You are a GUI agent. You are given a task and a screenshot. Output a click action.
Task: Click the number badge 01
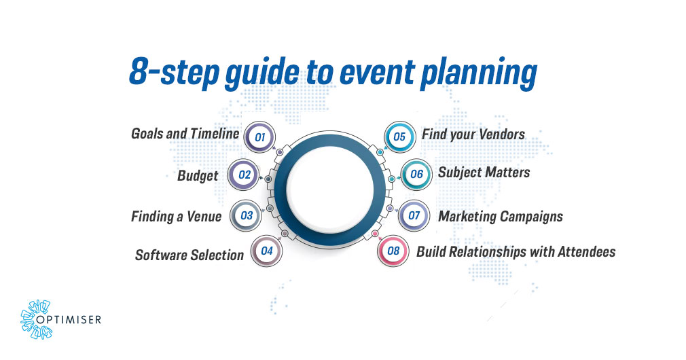(259, 137)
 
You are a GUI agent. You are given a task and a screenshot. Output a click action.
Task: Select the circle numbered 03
(247, 216)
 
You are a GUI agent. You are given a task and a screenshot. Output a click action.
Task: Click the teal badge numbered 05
(399, 137)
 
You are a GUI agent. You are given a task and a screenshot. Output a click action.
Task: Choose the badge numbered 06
(416, 175)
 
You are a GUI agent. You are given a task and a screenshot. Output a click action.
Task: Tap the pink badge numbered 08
(393, 251)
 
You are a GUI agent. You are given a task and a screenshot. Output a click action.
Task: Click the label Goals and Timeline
(185, 134)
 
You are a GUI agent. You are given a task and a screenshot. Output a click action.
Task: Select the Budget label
(198, 176)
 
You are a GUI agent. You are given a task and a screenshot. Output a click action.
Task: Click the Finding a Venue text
(176, 217)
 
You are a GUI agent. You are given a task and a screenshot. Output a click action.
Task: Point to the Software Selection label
(189, 255)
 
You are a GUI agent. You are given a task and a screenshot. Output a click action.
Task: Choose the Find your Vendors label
(473, 134)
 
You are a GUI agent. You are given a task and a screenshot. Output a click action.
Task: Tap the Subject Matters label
(484, 173)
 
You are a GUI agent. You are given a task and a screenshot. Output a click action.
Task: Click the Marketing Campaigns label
(500, 217)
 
